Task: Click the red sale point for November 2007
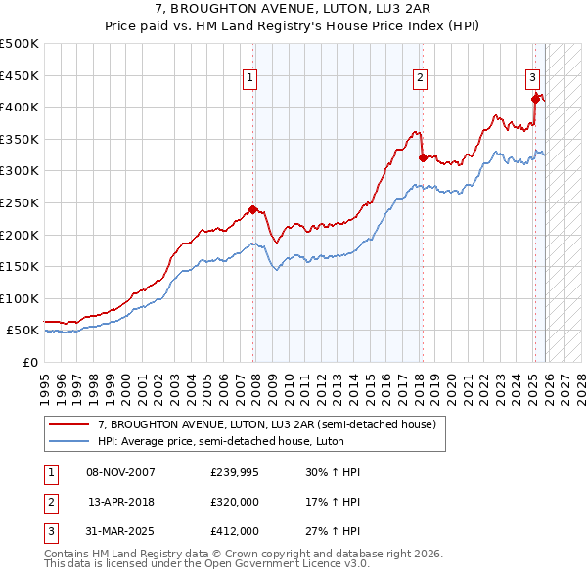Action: [x=252, y=209]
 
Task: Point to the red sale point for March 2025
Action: [x=535, y=99]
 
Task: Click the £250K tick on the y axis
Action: [x=20, y=202]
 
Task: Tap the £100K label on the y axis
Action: [x=20, y=298]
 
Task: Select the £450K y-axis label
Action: [x=20, y=75]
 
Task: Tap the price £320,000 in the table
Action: [x=235, y=502]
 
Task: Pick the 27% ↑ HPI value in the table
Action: [x=333, y=531]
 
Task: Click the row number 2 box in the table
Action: [x=51, y=502]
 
